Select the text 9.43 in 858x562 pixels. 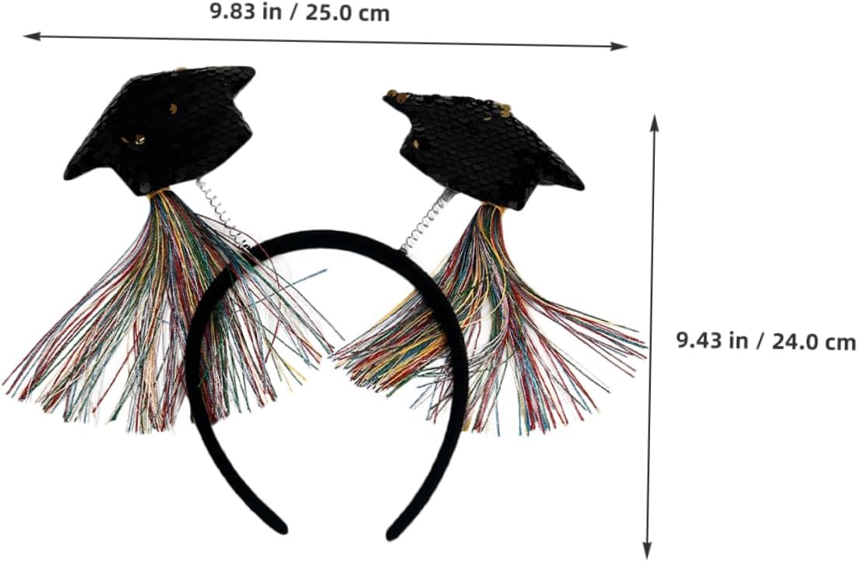coord(715,341)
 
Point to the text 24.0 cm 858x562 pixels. coord(814,341)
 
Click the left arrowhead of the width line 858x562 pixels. coord(28,36)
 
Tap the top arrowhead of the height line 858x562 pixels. coord(655,119)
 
